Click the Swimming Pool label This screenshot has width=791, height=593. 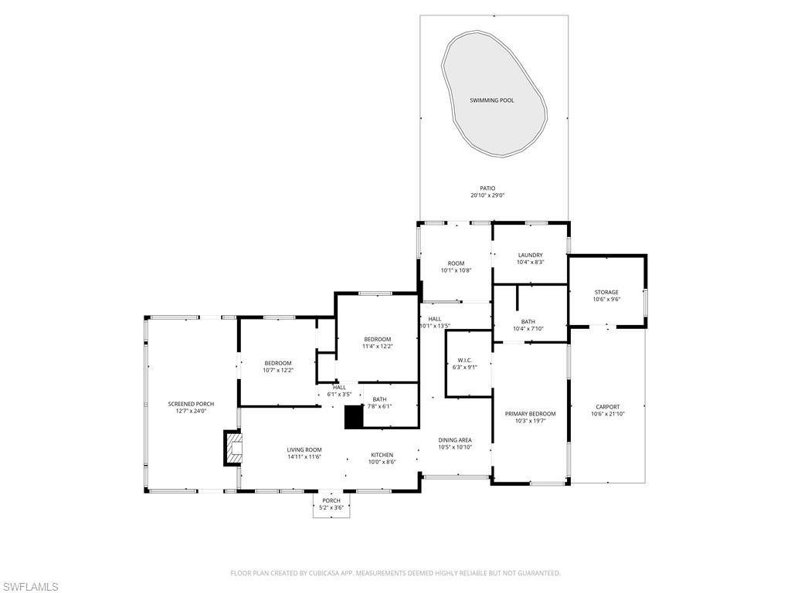pyautogui.click(x=492, y=100)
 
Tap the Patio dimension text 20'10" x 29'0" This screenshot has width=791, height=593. pyautogui.click(x=487, y=196)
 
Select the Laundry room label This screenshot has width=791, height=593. pyautogui.click(x=530, y=255)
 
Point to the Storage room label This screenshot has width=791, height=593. pyautogui.click(x=606, y=292)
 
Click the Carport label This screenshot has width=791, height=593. pyautogui.click(x=607, y=407)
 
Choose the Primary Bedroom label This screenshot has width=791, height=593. pyautogui.click(x=530, y=414)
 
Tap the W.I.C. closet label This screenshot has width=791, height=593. pyautogui.click(x=464, y=360)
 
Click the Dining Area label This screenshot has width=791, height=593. pyautogui.click(x=455, y=440)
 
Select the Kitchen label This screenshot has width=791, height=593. pyautogui.click(x=382, y=455)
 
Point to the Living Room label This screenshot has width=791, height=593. pyautogui.click(x=304, y=449)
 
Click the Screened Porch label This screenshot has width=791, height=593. pyautogui.click(x=191, y=404)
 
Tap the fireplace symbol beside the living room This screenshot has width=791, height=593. pyautogui.click(x=233, y=448)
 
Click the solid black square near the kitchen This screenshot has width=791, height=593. pyautogui.click(x=353, y=417)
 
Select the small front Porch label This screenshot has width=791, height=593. pyautogui.click(x=331, y=500)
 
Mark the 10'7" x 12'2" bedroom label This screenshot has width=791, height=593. pyautogui.click(x=278, y=363)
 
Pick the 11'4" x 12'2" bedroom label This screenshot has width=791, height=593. pyautogui.click(x=378, y=339)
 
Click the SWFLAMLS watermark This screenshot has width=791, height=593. pyautogui.click(x=29, y=588)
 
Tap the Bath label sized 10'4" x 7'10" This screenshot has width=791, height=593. pyautogui.click(x=528, y=322)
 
